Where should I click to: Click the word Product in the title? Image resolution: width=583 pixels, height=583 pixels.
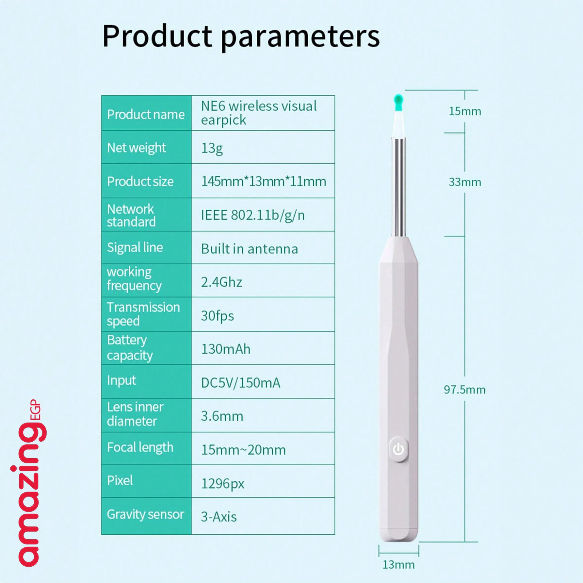pyautogui.click(x=157, y=36)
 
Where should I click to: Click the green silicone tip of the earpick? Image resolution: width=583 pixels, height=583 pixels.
pyautogui.click(x=398, y=103)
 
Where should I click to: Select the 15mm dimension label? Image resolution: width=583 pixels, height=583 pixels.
pyautogui.click(x=465, y=111)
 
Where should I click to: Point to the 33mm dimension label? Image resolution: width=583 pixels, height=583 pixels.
pyautogui.click(x=465, y=182)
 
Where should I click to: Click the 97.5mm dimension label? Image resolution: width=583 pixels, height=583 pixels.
pyautogui.click(x=464, y=389)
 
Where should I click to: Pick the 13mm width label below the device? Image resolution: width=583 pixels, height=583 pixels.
pyautogui.click(x=398, y=565)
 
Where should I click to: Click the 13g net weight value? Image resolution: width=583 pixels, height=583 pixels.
pyautogui.click(x=212, y=149)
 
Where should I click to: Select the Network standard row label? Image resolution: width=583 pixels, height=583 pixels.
pyautogui.click(x=131, y=215)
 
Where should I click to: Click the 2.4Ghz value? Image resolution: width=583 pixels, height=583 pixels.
pyautogui.click(x=221, y=282)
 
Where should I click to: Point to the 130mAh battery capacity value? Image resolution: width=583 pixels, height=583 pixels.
pyautogui.click(x=226, y=349)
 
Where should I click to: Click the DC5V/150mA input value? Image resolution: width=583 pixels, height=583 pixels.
pyautogui.click(x=241, y=383)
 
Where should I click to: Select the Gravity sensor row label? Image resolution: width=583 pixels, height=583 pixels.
pyautogui.click(x=146, y=514)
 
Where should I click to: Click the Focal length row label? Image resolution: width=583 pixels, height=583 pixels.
pyautogui.click(x=140, y=447)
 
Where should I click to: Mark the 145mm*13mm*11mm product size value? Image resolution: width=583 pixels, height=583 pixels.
pyautogui.click(x=264, y=182)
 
